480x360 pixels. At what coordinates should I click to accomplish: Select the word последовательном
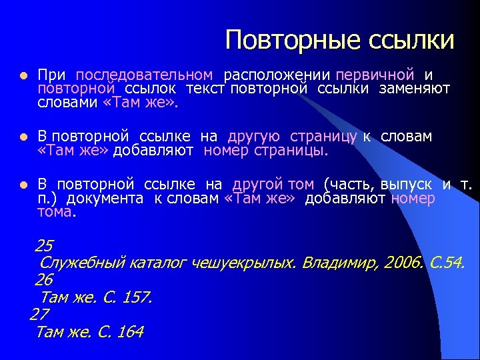pyautogui.click(x=145, y=75)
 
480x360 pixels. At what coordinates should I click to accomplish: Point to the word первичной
pyautogui.click(x=375, y=75)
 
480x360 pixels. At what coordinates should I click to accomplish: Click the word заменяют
pyautogui.click(x=415, y=88)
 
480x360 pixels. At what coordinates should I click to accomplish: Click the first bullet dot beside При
pyautogui.click(x=23, y=76)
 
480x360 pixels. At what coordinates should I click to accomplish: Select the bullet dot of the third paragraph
pyautogui.click(x=23, y=185)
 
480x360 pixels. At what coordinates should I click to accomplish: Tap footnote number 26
pyautogui.click(x=44, y=279)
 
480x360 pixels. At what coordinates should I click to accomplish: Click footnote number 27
pyautogui.click(x=40, y=314)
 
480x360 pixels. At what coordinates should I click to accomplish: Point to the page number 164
pyautogui.click(x=129, y=332)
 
